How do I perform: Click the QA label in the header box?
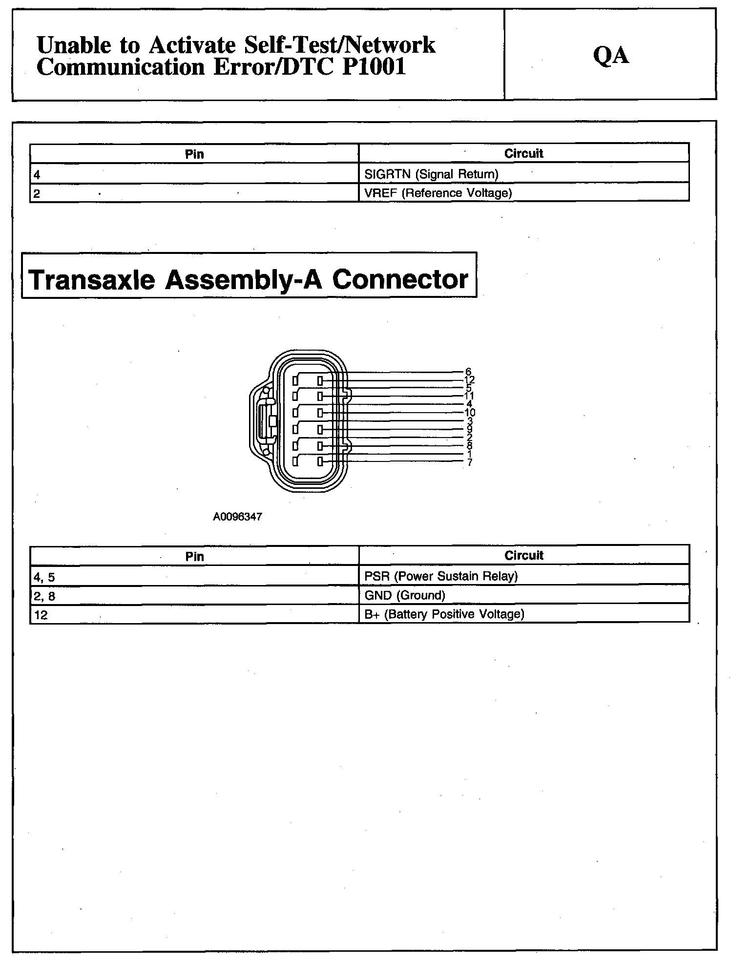pos(610,55)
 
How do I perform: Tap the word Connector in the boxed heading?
pos(400,279)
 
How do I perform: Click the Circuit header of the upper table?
pos(523,153)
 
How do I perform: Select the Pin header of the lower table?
pos(194,556)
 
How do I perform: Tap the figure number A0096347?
pos(237,517)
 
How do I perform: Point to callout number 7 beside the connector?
pos(469,462)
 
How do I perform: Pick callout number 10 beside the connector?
pos(469,413)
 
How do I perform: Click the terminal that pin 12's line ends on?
pos(320,380)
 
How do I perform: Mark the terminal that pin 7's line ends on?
pos(320,461)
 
